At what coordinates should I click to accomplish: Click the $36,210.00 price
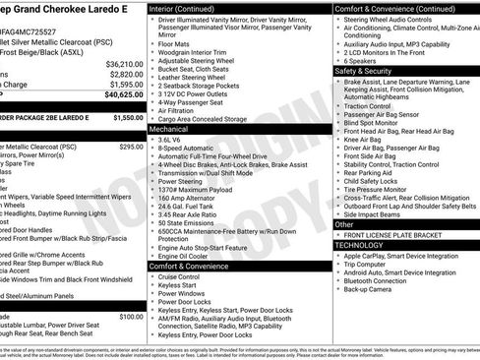pyautogui.click(x=126, y=62)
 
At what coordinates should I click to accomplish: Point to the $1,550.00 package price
pyautogui.click(x=128, y=117)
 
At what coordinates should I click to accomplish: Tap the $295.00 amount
pyautogui.click(x=131, y=146)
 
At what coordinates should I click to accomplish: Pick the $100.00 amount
pyautogui.click(x=131, y=317)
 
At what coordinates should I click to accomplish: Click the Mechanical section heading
pyautogui.click(x=170, y=129)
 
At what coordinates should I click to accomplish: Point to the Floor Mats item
pyautogui.click(x=175, y=43)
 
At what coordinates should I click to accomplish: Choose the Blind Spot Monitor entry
pyautogui.click(x=373, y=121)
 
